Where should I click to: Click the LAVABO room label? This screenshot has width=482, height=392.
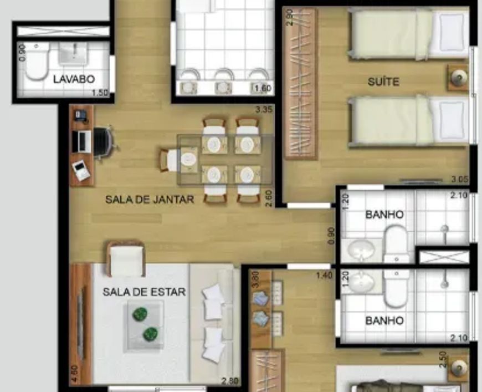tap(74, 79)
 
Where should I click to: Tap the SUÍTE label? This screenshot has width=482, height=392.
tap(383, 82)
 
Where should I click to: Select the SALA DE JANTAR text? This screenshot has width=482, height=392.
tap(150, 200)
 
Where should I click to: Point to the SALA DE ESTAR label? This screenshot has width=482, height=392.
tap(144, 292)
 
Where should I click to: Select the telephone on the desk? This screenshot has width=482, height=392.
tap(81, 115)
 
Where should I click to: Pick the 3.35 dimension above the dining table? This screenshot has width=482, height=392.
tap(264, 110)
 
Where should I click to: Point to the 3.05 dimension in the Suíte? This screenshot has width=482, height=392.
tap(460, 179)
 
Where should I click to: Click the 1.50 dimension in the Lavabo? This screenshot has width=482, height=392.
tap(100, 93)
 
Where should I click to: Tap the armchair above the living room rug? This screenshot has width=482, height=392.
tap(126, 258)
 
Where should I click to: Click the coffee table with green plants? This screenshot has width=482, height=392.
tap(144, 325)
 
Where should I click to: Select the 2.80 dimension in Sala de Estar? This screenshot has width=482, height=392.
tap(230, 381)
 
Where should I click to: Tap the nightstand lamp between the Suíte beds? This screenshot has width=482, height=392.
tap(458, 78)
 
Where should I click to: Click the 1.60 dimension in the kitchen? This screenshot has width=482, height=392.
tap(263, 89)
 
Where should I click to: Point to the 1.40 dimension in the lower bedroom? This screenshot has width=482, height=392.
tap(324, 275)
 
